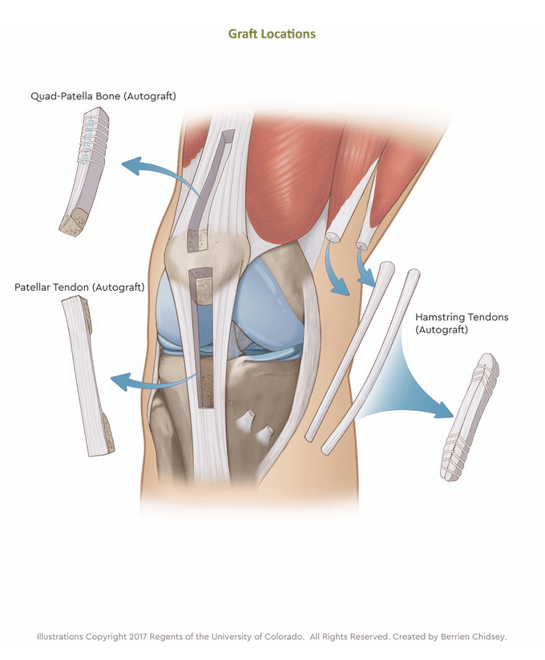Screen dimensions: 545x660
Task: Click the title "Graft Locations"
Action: pyautogui.click(x=272, y=34)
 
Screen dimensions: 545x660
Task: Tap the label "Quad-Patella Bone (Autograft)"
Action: pyautogui.click(x=103, y=96)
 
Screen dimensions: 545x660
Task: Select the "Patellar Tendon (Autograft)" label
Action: pyautogui.click(x=79, y=287)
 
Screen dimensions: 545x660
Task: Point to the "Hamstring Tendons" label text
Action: pyautogui.click(x=462, y=317)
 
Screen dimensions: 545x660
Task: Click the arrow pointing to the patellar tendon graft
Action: pyautogui.click(x=151, y=380)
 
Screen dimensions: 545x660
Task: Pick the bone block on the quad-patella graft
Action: pyautogui.click(x=74, y=222)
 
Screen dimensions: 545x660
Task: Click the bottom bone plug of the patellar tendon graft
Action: pyautogui.click(x=108, y=433)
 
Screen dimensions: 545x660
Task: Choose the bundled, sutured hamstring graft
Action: pyautogui.click(x=470, y=417)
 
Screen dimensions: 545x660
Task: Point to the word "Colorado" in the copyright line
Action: pyautogui.click(x=284, y=637)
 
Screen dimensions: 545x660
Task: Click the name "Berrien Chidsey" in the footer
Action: pyautogui.click(x=473, y=637)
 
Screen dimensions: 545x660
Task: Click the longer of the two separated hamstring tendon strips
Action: pyautogui.click(x=369, y=362)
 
